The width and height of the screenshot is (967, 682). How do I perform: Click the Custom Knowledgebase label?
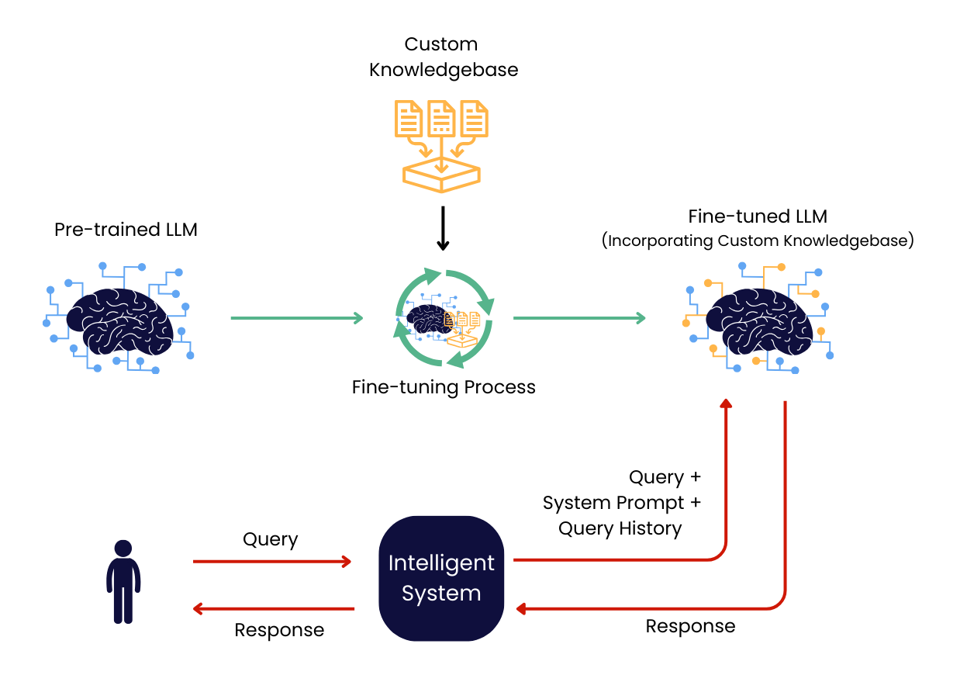click(x=443, y=57)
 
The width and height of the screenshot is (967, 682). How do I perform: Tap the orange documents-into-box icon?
click(x=442, y=144)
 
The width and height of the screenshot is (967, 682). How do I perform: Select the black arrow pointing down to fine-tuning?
click(x=442, y=228)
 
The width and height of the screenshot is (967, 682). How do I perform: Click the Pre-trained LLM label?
click(x=126, y=230)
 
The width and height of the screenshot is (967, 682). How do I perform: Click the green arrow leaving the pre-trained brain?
click(x=296, y=318)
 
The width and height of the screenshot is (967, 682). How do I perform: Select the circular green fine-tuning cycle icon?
click(x=444, y=318)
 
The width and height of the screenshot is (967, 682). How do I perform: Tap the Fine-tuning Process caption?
click(x=444, y=386)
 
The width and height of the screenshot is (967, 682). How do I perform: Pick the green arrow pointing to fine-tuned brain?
click(x=579, y=318)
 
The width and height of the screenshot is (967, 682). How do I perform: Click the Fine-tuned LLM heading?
click(x=758, y=216)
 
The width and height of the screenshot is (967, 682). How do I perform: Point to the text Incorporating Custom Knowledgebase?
click(x=758, y=241)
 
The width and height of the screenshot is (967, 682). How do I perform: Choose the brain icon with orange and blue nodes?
click(x=758, y=320)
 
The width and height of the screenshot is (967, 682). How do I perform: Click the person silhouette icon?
click(x=123, y=581)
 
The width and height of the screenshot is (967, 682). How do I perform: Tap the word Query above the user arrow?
click(x=270, y=539)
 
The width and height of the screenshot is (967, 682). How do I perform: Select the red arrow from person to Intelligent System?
click(x=271, y=561)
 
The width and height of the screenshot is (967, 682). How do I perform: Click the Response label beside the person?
click(x=279, y=630)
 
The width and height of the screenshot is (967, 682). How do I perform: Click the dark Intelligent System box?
click(x=441, y=579)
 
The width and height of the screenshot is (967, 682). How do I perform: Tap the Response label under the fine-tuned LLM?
click(x=690, y=626)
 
